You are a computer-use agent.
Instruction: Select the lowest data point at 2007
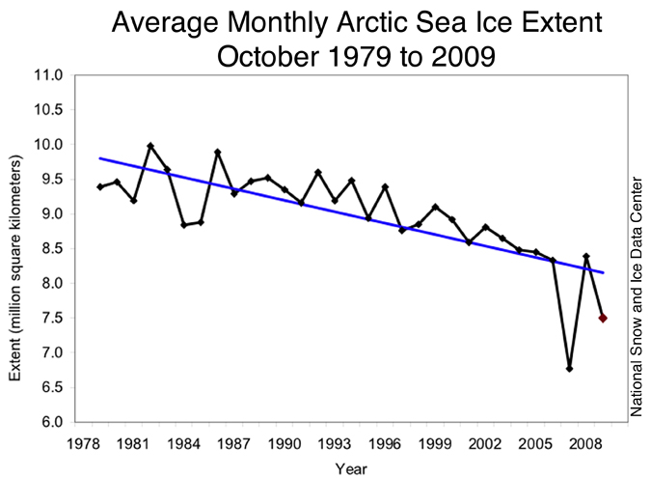click(x=569, y=368)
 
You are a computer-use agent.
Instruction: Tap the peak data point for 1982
click(x=150, y=146)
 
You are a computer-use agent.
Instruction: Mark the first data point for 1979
click(x=99, y=186)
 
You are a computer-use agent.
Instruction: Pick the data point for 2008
click(x=586, y=256)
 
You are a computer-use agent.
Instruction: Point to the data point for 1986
click(x=218, y=152)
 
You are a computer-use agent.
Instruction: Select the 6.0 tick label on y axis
click(x=50, y=423)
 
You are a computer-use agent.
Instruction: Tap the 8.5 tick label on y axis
click(x=50, y=249)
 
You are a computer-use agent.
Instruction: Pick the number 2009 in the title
click(x=463, y=55)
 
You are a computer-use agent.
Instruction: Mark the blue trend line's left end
click(x=99, y=158)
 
